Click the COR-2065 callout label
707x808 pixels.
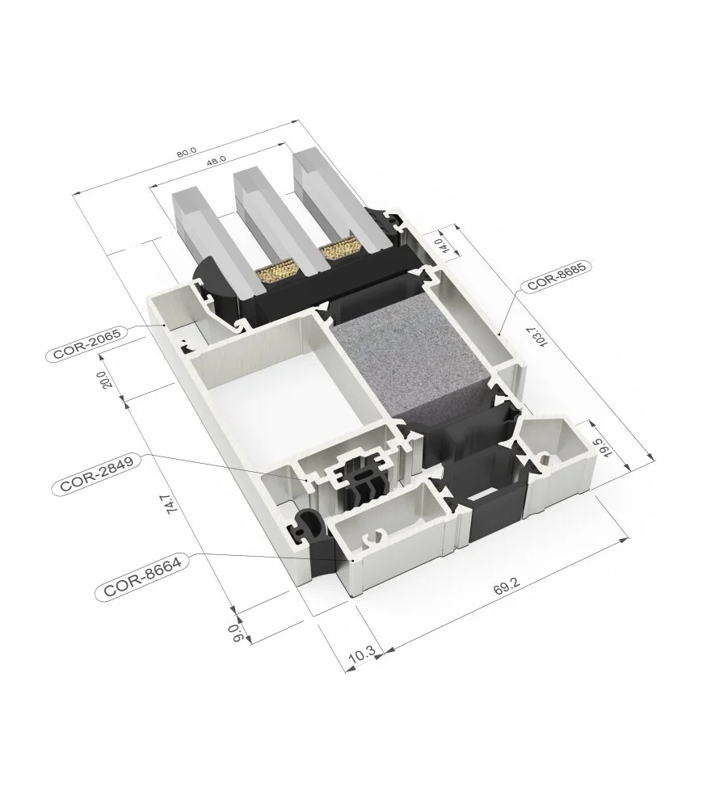(88, 352)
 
